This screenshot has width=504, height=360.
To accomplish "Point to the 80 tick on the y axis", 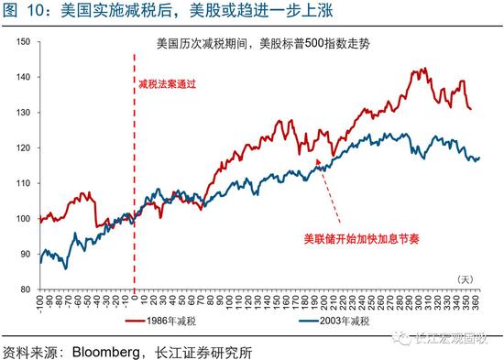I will pyautogui.click(x=26, y=289).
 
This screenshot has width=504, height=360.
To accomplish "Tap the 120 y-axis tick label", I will pyautogui.click(x=24, y=147).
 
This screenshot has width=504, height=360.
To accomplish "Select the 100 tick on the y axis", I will pyautogui.click(x=24, y=219).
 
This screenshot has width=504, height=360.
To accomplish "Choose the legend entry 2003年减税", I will pyautogui.click(x=338, y=322).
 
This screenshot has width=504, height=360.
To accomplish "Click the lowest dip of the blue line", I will pyautogui.click(x=65, y=267).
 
